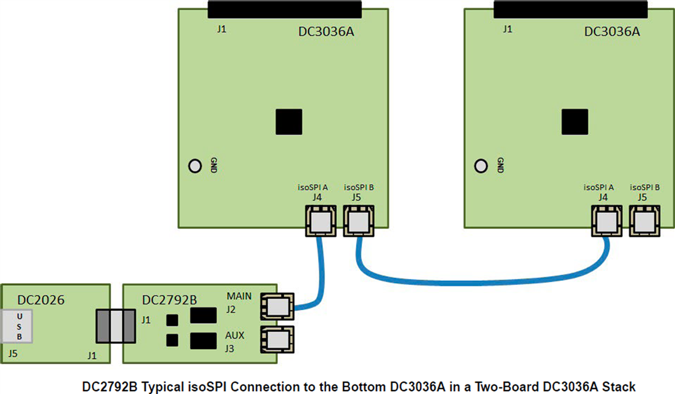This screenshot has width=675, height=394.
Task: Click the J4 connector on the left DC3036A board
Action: click(x=321, y=221)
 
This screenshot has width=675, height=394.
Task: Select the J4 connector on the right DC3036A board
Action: click(x=607, y=221)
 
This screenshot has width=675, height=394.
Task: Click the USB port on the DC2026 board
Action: click(x=19, y=325)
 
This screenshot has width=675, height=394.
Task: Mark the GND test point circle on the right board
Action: click(x=481, y=166)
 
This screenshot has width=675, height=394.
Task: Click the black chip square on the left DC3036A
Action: click(x=289, y=122)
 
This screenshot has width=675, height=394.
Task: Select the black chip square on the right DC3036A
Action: click(x=575, y=122)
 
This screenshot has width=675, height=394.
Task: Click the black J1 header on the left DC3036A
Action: click(x=284, y=9)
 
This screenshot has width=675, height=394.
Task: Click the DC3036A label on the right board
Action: click(x=612, y=32)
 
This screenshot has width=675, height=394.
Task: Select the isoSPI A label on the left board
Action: click(x=313, y=186)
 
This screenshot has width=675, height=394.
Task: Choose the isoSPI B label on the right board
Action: click(x=645, y=186)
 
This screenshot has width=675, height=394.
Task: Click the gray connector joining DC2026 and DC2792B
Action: click(x=116, y=326)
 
